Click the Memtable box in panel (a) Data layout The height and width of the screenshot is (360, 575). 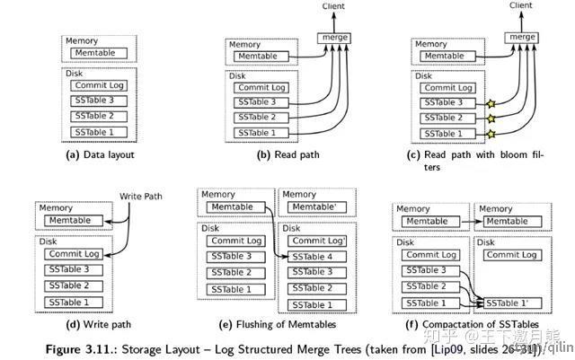100,52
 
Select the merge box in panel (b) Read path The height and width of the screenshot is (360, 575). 334,38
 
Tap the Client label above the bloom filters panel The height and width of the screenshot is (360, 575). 520,5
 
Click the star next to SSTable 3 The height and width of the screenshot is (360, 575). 491,105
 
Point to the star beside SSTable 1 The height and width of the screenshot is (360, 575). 491,134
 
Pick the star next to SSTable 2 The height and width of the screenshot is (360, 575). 491,119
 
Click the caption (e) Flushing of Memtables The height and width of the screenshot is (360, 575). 279,323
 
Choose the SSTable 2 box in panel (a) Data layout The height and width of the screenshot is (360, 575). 100,117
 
